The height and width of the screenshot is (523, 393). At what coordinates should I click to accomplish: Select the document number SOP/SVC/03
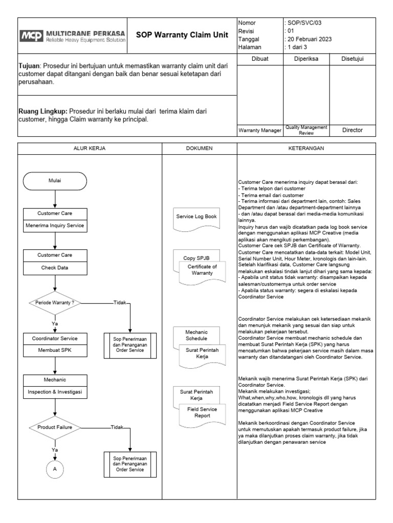coord(304,23)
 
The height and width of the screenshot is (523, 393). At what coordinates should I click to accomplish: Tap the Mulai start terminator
coord(55,180)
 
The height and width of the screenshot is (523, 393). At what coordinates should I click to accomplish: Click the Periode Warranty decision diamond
coord(55,303)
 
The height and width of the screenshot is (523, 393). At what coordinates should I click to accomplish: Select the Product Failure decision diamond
coord(55,427)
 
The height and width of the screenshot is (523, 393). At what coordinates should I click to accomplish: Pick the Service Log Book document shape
coord(197,217)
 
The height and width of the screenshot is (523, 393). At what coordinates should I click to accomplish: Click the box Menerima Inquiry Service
coord(55,225)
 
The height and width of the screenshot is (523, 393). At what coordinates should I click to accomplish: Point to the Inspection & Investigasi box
coord(55,392)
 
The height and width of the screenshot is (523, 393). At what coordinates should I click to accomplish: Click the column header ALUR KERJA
coord(90,148)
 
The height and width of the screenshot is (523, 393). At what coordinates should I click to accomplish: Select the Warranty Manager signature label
coord(260,131)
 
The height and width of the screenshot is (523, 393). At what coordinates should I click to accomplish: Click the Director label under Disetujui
coord(352,130)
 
